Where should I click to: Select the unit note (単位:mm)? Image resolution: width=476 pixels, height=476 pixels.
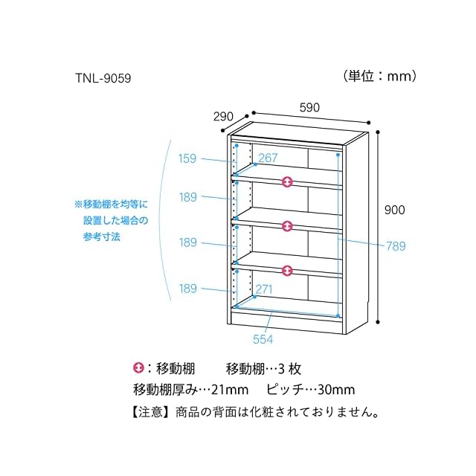click(379, 75)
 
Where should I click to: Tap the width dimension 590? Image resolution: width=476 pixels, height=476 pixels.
click(309, 107)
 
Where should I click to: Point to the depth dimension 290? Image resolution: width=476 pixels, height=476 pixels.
click(223, 116)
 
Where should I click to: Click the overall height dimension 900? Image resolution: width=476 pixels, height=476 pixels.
click(394, 210)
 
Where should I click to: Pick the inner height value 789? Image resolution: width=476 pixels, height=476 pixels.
click(395, 246)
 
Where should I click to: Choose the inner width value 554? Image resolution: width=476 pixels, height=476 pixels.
click(263, 339)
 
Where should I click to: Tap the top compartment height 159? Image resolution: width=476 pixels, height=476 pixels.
click(187, 158)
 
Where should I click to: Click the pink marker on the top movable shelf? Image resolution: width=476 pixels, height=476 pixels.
click(288, 181)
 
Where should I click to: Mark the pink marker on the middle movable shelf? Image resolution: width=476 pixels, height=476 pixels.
click(288, 225)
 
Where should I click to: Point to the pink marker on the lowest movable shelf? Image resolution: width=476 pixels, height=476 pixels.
click(288, 270)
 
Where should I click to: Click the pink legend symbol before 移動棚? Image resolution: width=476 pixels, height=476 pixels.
click(138, 368)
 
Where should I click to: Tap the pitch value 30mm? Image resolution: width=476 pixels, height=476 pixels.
click(334, 390)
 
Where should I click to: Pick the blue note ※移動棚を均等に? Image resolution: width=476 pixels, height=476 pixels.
click(112, 203)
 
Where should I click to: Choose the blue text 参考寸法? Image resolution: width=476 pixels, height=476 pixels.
click(102, 237)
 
